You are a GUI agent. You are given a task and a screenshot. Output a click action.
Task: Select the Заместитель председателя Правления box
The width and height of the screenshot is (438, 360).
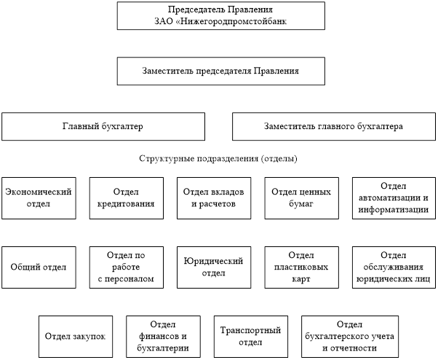click(220, 72)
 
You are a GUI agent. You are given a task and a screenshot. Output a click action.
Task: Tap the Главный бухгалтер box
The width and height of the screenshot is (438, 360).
click(102, 126)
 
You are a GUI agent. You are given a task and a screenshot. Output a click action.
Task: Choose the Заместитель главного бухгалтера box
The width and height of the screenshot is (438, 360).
click(333, 126)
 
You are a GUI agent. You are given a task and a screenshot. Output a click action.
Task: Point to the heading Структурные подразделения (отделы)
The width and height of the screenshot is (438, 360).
click(218, 158)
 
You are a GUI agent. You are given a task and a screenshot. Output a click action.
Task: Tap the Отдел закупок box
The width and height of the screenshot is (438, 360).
click(75, 336)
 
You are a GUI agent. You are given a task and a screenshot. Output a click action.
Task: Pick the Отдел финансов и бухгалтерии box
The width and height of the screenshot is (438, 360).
click(162, 336)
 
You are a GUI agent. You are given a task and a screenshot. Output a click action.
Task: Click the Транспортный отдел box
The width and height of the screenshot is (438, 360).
click(250, 336)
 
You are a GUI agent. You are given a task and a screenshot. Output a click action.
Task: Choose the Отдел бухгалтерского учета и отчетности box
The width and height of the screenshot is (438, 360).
click(349, 336)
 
